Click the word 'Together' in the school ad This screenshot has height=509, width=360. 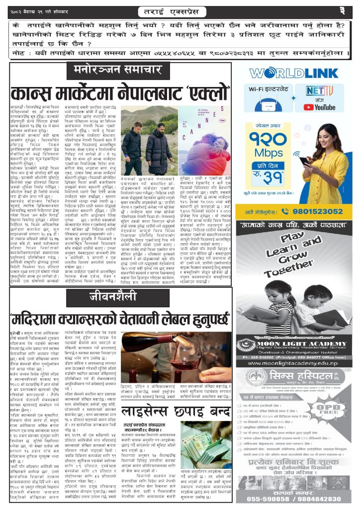click(x=290, y=266)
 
